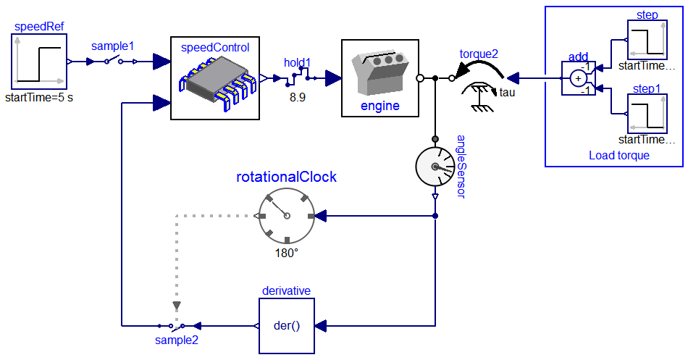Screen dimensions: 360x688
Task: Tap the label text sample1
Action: (112, 46)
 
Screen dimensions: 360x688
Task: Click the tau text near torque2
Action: (508, 92)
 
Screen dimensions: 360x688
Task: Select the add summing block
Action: (578, 78)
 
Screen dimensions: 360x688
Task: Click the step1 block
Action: (647, 116)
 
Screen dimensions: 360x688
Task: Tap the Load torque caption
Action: (618, 155)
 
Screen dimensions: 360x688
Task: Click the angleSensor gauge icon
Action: (434, 167)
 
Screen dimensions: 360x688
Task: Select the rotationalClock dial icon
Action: (287, 215)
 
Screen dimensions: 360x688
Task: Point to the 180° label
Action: (287, 254)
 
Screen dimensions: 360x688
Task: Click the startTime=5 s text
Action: (39, 97)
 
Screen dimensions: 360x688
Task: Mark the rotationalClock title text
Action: (287, 176)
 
